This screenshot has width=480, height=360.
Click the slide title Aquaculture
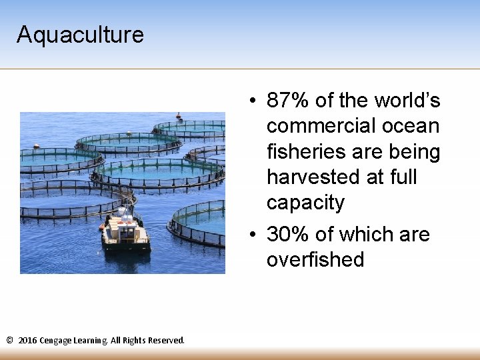point(80,34)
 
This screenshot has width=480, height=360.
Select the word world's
point(407,101)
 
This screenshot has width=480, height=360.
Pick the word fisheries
point(303,151)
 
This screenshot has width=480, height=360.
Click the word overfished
point(315,259)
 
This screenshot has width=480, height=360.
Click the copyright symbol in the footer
point(9,340)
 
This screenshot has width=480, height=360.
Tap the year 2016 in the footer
point(27,340)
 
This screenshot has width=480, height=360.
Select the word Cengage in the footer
point(55,341)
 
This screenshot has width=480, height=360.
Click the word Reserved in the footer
point(165,340)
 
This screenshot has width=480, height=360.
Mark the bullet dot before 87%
point(254,101)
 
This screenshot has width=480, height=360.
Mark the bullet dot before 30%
point(254,235)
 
